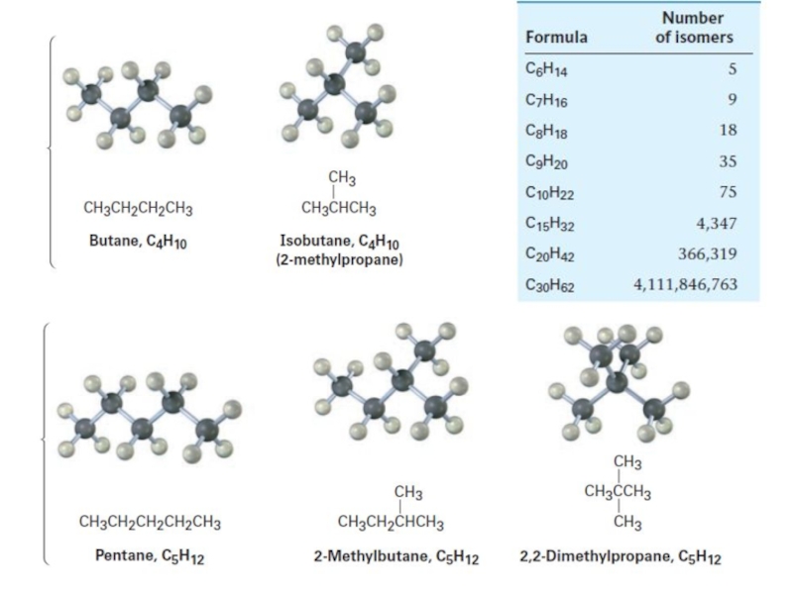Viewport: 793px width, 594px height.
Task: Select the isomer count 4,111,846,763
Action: point(685,285)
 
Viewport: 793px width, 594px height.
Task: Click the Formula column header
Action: point(556,38)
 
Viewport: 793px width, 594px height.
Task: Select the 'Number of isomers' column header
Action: point(694,28)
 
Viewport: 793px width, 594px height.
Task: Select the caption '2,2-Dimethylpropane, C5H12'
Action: point(621,557)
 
